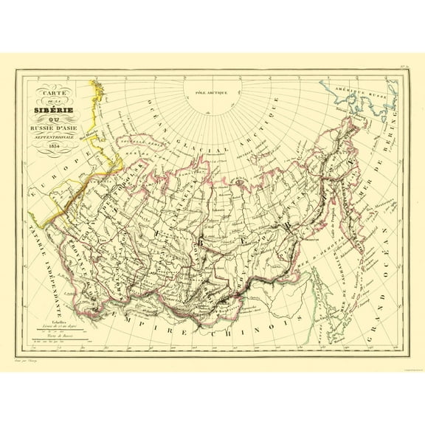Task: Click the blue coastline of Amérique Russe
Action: (x=369, y=111)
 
